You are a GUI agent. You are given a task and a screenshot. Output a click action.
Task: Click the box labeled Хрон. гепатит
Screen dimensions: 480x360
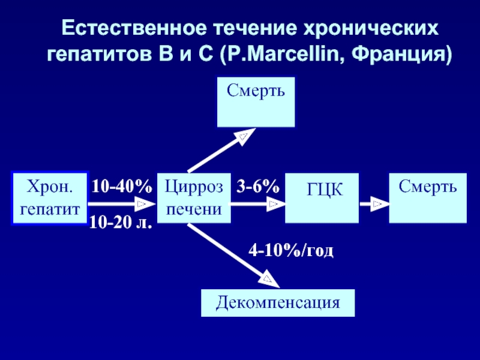point(50,198)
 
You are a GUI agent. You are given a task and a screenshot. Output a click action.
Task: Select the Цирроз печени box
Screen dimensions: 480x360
point(194,198)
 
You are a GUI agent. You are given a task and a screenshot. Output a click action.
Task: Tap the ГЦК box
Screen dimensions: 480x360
point(322,198)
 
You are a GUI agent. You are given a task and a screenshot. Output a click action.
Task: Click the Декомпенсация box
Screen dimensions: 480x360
point(278,303)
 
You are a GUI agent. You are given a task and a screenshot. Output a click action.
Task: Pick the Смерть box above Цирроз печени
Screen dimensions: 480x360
point(256,102)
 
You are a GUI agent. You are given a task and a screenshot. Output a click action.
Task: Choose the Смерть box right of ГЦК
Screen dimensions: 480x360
point(428,198)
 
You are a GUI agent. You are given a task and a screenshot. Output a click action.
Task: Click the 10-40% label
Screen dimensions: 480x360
point(122,186)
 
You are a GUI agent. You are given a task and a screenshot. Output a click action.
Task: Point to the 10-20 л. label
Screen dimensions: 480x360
point(121,222)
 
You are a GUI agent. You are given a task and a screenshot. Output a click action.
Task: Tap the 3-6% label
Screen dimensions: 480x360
point(258,186)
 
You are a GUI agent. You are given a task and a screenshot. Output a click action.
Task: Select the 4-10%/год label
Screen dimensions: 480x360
point(291,251)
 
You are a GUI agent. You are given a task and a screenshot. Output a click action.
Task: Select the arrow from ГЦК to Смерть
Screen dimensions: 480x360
point(374,204)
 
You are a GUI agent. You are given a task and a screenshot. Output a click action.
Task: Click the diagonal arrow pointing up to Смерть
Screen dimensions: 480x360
point(221,150)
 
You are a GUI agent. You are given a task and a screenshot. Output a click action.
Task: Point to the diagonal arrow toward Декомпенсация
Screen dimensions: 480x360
point(233,256)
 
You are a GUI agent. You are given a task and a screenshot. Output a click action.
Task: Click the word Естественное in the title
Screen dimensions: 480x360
point(133,29)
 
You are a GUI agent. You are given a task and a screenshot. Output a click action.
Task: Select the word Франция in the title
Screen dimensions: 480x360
point(398,56)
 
